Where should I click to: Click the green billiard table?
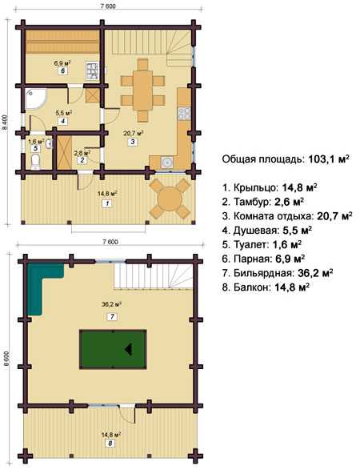113,349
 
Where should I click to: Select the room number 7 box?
112,317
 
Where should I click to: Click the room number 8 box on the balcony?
110,443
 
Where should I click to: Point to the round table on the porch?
170,199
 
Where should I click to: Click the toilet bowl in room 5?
35,162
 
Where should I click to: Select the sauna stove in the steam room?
92,70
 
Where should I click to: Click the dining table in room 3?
143,90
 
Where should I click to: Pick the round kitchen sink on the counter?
166,163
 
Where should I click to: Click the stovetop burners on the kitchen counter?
184,114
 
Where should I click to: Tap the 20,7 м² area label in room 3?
133,132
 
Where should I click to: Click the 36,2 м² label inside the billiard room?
112,304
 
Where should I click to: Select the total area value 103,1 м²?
329,159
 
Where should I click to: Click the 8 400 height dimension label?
5,123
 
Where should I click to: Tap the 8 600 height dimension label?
6,360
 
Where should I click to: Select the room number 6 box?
62,71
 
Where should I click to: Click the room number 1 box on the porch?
107,203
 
